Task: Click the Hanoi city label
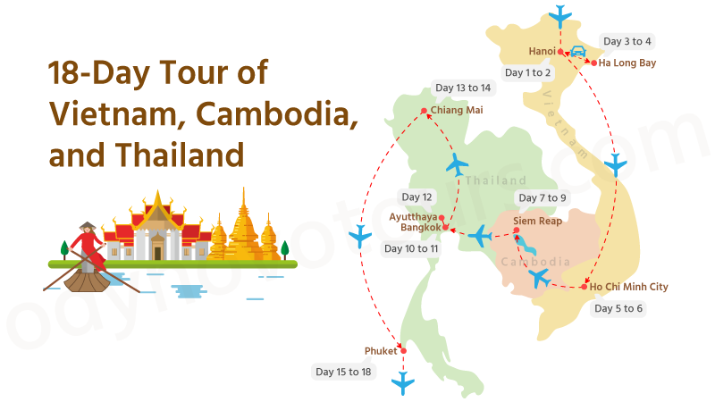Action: pyautogui.click(x=542, y=51)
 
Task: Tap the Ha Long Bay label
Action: pyautogui.click(x=627, y=63)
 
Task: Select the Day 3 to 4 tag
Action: pyautogui.click(x=627, y=41)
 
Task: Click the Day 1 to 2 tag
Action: pyautogui.click(x=527, y=72)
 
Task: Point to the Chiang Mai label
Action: pyautogui.click(x=456, y=111)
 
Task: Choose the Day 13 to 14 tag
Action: pyautogui.click(x=462, y=88)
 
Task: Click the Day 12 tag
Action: pyautogui.click(x=416, y=197)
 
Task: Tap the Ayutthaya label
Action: pyautogui.click(x=414, y=216)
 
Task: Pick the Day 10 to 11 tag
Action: pyautogui.click(x=410, y=248)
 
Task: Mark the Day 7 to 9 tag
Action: pyautogui.click(x=543, y=197)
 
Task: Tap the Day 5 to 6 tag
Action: pyautogui.click(x=618, y=308)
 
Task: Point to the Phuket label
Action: pyautogui.click(x=381, y=351)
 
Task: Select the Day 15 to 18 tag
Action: pyautogui.click(x=343, y=371)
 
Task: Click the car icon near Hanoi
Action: pyautogui.click(x=577, y=52)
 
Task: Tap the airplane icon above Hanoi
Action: pyautogui.click(x=560, y=15)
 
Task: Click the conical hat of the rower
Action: pyautogui.click(x=88, y=227)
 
